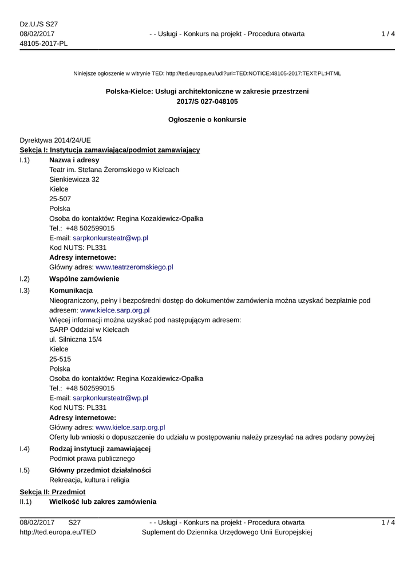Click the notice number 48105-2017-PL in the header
[x=44, y=44]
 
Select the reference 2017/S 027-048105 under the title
[x=207, y=101]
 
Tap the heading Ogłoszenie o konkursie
[x=207, y=120]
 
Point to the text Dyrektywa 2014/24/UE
[x=55, y=140]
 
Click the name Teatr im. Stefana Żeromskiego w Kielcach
[x=114, y=170]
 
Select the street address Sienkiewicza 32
[x=74, y=179]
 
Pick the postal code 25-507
[x=60, y=199]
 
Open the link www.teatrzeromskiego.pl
[x=134, y=267]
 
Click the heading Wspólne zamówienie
[x=84, y=279]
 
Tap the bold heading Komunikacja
[x=71, y=291]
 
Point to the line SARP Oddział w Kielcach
[x=89, y=330]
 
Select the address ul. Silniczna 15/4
[x=76, y=339]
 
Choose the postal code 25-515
[x=60, y=359]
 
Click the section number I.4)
[x=25, y=448]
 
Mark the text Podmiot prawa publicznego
[x=92, y=459]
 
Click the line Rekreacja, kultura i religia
[x=89, y=480]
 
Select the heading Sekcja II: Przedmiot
[x=53, y=492]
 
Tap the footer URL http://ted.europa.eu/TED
[x=58, y=533]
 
